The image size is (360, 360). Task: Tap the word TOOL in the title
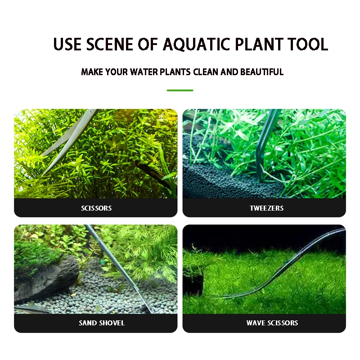(x=306, y=44)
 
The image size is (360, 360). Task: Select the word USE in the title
(x=68, y=44)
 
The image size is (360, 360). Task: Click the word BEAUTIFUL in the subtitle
(x=261, y=72)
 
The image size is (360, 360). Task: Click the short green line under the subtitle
(x=180, y=90)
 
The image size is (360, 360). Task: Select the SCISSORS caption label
(x=96, y=208)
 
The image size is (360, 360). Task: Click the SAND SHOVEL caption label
(x=102, y=323)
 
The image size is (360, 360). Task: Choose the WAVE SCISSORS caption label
(x=272, y=323)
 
